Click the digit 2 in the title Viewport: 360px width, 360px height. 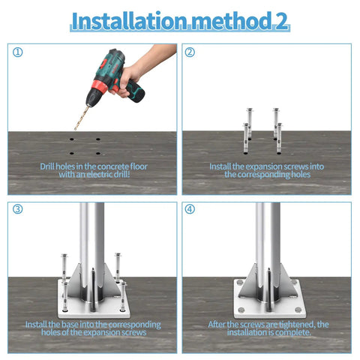tap(281, 21)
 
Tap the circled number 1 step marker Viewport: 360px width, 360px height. tap(18, 52)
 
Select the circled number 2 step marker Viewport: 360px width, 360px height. tap(190, 52)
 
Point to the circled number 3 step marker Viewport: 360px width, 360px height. tap(18, 209)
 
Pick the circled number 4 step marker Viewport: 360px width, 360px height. tap(190, 209)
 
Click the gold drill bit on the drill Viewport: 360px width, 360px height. tap(82, 118)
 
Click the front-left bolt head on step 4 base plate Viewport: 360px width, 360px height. tap(241, 310)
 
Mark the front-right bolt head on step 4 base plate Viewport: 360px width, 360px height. tap(298, 310)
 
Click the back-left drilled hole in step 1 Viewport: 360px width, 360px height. tap(72, 139)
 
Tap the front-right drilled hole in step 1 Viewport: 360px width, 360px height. tap(98, 153)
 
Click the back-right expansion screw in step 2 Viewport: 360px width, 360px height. tap(276, 123)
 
